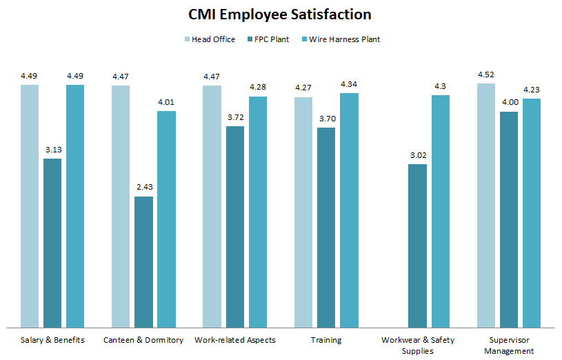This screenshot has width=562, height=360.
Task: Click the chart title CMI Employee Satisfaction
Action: pos(281,14)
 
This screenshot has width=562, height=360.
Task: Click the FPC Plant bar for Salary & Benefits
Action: pos(52,243)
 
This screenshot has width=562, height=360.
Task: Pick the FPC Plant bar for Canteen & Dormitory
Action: pos(143,261)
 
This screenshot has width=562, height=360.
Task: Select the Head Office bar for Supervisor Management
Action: pos(486,205)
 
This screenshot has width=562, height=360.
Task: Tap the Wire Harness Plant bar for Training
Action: pos(349,210)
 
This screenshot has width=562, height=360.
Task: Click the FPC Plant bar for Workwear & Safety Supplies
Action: pos(417,245)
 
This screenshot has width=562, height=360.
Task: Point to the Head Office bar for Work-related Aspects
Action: pos(212,206)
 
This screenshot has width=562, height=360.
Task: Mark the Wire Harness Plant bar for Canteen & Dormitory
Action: pos(166,219)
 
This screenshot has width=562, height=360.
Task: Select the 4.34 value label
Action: pos(349,84)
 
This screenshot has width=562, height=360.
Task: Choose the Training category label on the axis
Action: pos(326,340)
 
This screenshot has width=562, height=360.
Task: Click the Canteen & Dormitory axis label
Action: pos(143,340)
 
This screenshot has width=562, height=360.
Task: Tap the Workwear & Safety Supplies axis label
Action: pos(417,345)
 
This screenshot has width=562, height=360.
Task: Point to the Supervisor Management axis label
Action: pos(509,345)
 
